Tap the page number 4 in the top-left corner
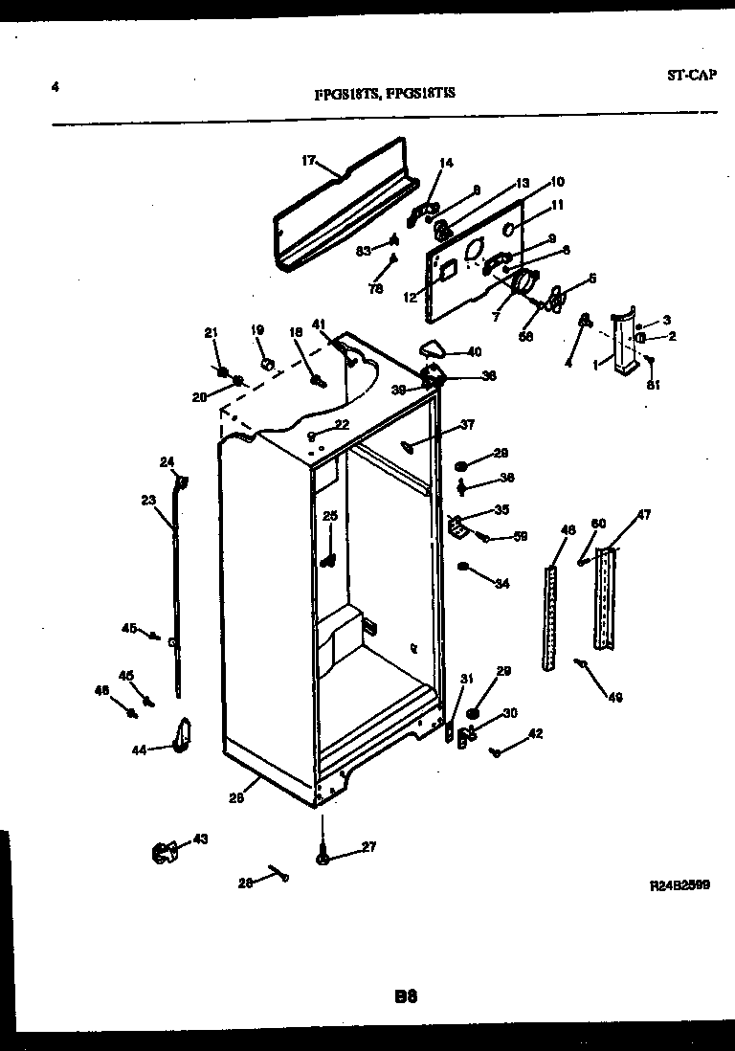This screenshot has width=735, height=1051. tap(56, 87)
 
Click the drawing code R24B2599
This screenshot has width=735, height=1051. tap(679, 886)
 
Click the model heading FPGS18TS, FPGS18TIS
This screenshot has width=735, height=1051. tap(385, 94)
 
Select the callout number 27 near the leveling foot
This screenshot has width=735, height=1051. tap(369, 846)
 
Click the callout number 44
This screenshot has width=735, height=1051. tap(139, 749)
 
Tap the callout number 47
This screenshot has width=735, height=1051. tap(643, 516)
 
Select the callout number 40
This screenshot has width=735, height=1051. tap(474, 351)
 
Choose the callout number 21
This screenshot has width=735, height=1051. tap(212, 332)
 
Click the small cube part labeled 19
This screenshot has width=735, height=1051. tap(268, 363)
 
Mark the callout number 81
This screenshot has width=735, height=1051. tap(654, 387)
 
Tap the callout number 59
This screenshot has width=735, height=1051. tap(521, 537)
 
